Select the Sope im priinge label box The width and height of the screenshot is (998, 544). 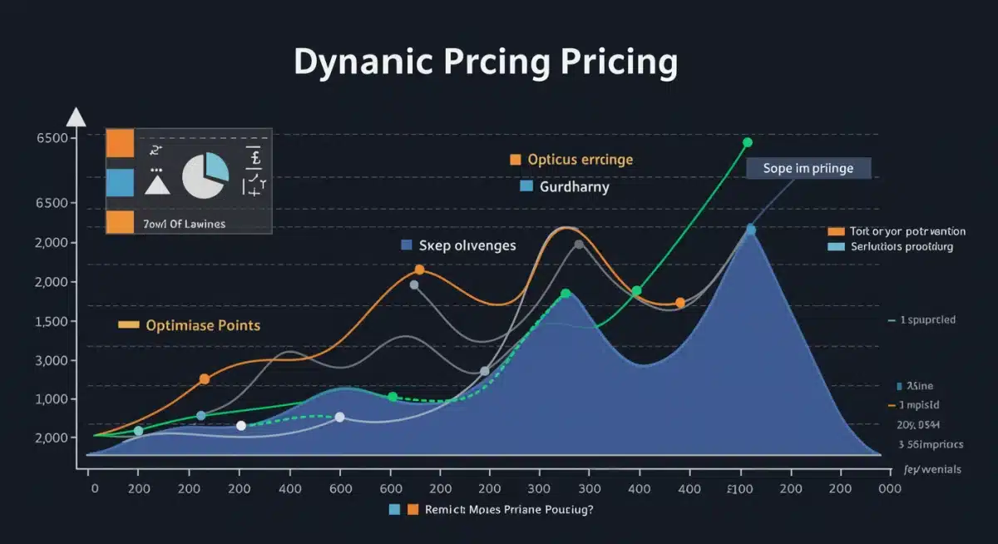click(808, 169)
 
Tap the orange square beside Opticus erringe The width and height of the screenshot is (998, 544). click(515, 159)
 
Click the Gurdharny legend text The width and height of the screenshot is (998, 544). click(574, 187)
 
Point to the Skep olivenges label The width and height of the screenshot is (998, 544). click(467, 245)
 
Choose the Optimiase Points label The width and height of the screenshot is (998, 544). click(202, 325)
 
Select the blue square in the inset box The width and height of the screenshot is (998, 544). click(120, 181)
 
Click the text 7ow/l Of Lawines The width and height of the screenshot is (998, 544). click(185, 224)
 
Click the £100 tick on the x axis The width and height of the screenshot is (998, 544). click(739, 490)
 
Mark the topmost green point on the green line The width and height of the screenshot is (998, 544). click(747, 142)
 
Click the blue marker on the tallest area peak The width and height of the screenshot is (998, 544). click(750, 230)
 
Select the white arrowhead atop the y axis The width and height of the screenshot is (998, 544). click(76, 117)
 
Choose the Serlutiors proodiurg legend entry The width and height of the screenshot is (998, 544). click(901, 247)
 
